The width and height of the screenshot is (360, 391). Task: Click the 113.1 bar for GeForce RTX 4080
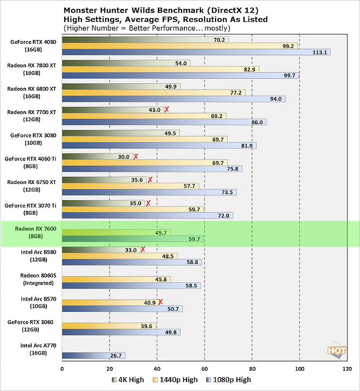pyautogui.click(x=196, y=53)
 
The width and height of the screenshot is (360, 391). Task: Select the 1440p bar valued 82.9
pyautogui.click(x=160, y=69)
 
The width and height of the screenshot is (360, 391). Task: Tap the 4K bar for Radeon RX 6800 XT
pyautogui.click(x=121, y=87)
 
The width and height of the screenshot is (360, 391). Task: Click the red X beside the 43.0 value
pyautogui.click(x=167, y=110)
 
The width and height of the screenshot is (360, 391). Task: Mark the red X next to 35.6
pyautogui.click(x=150, y=180)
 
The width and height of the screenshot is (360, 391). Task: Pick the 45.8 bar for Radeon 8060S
pyautogui.click(x=116, y=279)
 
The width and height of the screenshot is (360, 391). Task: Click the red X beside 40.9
pyautogui.click(x=160, y=301)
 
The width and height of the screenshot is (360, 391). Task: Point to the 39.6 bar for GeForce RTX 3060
pyautogui.click(x=109, y=326)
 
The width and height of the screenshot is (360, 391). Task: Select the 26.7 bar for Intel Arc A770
pyautogui.click(x=94, y=355)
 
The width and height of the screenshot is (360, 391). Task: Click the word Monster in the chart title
pyautogui.click(x=81, y=10)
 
